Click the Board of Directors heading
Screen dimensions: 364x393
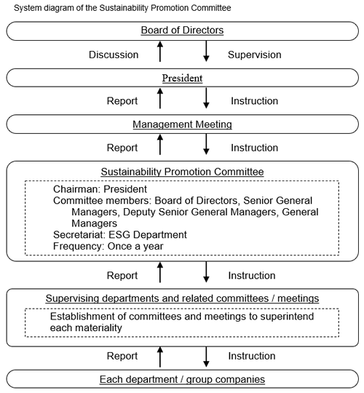click(x=182, y=31)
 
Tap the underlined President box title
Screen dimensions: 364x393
click(x=182, y=78)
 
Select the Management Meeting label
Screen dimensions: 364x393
click(x=182, y=124)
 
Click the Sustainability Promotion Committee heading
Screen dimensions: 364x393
click(x=182, y=172)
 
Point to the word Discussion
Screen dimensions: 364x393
click(x=114, y=55)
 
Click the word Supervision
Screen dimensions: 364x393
click(x=255, y=55)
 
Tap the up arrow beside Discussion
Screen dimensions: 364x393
click(x=160, y=52)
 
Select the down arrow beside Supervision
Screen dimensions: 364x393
click(x=206, y=52)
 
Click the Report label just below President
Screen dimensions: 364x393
click(x=122, y=101)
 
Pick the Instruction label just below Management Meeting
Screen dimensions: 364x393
click(x=255, y=148)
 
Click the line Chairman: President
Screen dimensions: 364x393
click(x=100, y=189)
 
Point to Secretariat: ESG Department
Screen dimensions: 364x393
click(x=120, y=235)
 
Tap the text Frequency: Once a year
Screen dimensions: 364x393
click(x=108, y=246)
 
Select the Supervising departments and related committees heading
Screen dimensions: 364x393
click(x=182, y=298)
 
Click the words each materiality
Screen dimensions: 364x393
click(x=86, y=327)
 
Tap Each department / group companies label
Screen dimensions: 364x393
click(x=182, y=379)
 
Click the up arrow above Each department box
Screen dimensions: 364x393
click(x=160, y=357)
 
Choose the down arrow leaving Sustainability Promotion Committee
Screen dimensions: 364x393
click(x=206, y=272)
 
